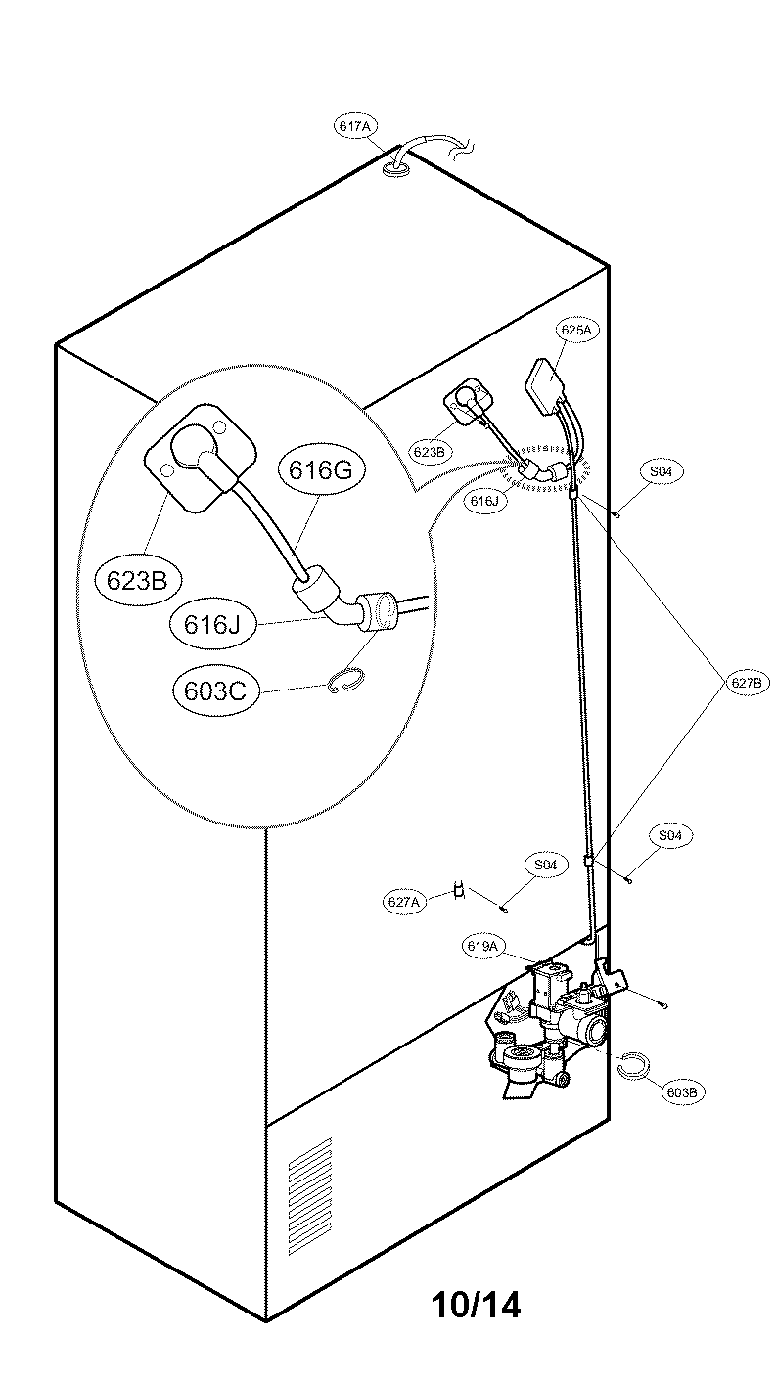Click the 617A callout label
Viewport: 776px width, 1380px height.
click(355, 127)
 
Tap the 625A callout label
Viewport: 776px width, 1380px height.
click(575, 331)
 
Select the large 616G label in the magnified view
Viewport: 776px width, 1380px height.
click(320, 470)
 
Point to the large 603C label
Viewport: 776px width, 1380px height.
click(214, 690)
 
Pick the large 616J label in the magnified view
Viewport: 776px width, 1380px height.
click(212, 623)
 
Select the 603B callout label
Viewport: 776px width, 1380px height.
click(683, 1091)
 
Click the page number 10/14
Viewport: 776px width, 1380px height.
click(476, 1304)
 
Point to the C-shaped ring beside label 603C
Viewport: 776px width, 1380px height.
click(344, 681)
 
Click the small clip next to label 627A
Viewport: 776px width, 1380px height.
click(457, 890)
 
